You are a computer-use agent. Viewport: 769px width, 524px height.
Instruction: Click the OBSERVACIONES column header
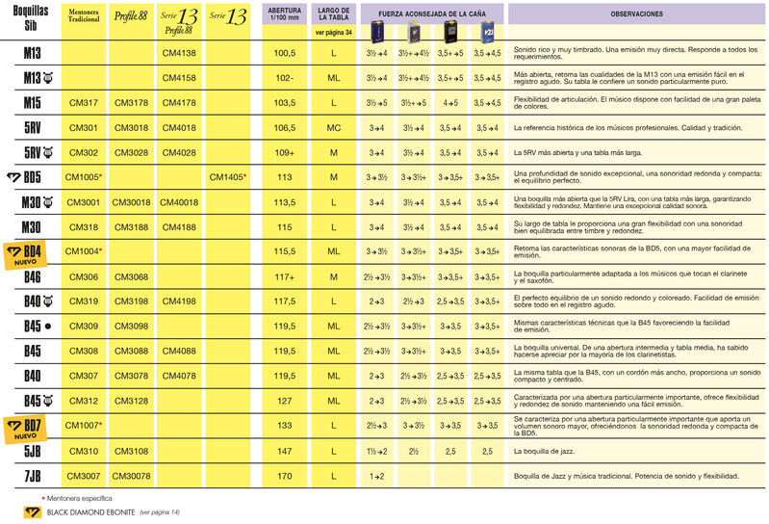pos(636,15)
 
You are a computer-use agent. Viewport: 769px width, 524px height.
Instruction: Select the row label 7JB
pos(32,476)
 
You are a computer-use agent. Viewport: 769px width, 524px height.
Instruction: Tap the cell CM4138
pos(179,52)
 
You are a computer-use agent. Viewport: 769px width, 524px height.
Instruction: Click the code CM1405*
pos(228,177)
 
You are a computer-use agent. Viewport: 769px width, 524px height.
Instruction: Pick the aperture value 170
pos(284,476)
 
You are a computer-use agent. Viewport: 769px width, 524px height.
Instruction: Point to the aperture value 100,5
pos(284,52)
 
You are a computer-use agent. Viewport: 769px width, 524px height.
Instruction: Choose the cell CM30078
pos(132,476)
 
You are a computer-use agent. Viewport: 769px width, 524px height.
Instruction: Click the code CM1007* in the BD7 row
pos(84,426)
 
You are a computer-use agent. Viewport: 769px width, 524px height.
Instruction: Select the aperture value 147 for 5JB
pos(284,451)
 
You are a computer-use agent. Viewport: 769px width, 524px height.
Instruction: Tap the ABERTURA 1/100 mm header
pos(284,15)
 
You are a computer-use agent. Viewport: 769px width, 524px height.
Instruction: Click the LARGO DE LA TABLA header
pos(333,15)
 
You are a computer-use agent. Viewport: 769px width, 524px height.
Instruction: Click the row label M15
pos(32,102)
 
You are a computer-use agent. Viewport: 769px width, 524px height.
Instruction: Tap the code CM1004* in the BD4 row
pos(84,251)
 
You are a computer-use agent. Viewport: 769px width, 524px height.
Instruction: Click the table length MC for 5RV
pos(333,127)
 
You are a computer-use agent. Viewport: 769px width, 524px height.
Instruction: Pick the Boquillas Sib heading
pos(32,19)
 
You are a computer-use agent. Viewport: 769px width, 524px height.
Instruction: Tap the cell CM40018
pos(179,202)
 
